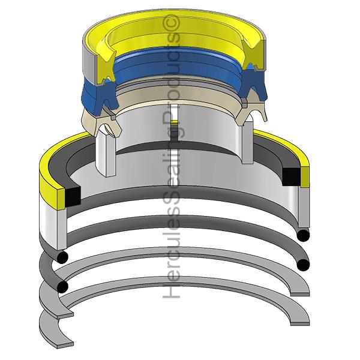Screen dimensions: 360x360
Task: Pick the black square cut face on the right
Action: tap(292, 175)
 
